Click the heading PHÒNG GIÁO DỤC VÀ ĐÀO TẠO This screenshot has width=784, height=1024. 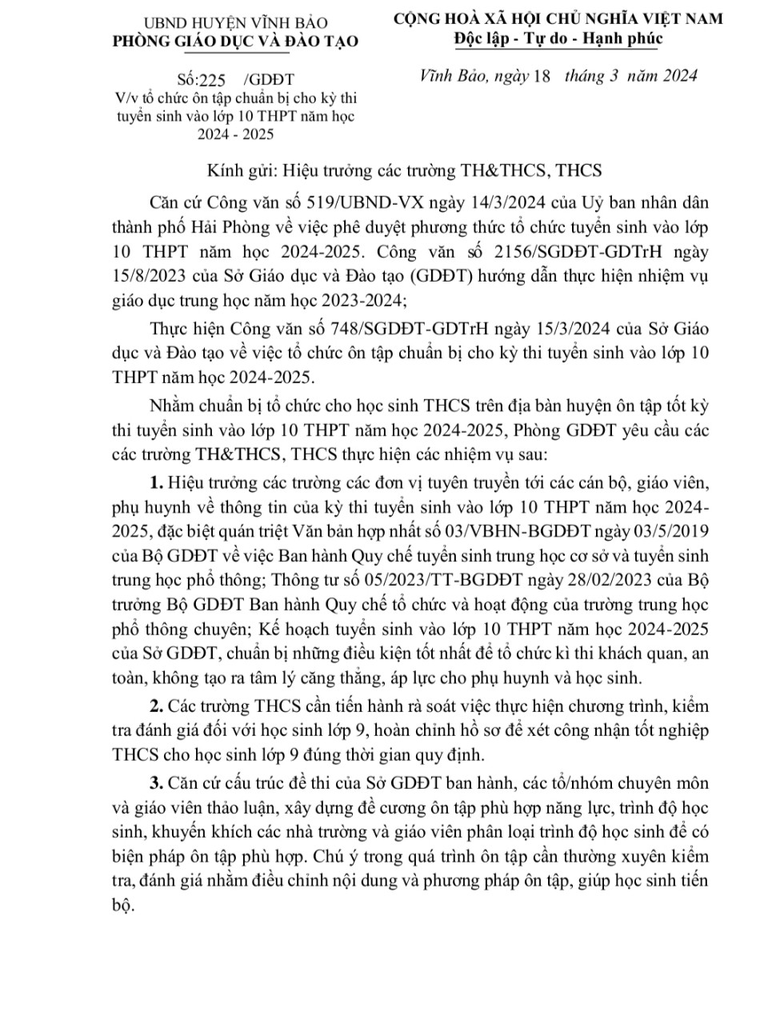(x=235, y=41)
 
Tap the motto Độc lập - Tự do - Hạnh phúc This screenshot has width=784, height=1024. (x=558, y=38)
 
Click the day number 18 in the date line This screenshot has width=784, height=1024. (x=542, y=77)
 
